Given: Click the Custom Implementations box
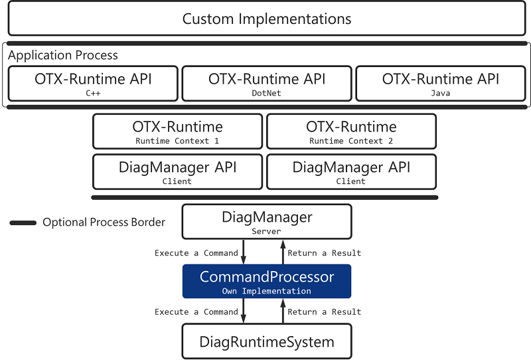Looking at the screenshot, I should pyautogui.click(x=266, y=19).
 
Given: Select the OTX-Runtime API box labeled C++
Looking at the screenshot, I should pyautogui.click(x=93, y=84).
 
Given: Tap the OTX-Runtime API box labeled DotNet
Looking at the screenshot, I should pyautogui.click(x=267, y=84).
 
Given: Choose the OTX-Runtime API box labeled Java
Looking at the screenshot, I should pyautogui.click(x=441, y=84).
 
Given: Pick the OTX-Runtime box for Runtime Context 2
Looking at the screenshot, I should pyautogui.click(x=351, y=132).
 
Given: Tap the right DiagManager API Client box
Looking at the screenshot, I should pyautogui.click(x=351, y=172).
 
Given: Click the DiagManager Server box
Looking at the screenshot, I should pyautogui.click(x=267, y=222).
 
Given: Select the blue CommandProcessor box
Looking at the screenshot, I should pyautogui.click(x=267, y=282).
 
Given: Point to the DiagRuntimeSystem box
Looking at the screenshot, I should pyautogui.click(x=267, y=341).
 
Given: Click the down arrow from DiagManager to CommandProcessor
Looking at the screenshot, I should pyautogui.click(x=245, y=252).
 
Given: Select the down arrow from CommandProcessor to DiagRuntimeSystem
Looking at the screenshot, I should pyautogui.click(x=245, y=311).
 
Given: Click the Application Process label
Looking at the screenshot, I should pyautogui.click(x=63, y=56).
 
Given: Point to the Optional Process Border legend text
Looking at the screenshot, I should pyautogui.click(x=104, y=223).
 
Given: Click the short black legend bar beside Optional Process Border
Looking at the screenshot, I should pyautogui.click(x=23, y=223).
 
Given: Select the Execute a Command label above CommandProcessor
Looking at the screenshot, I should pyautogui.click(x=196, y=253).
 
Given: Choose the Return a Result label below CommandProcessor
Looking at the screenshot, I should pyautogui.click(x=325, y=312).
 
